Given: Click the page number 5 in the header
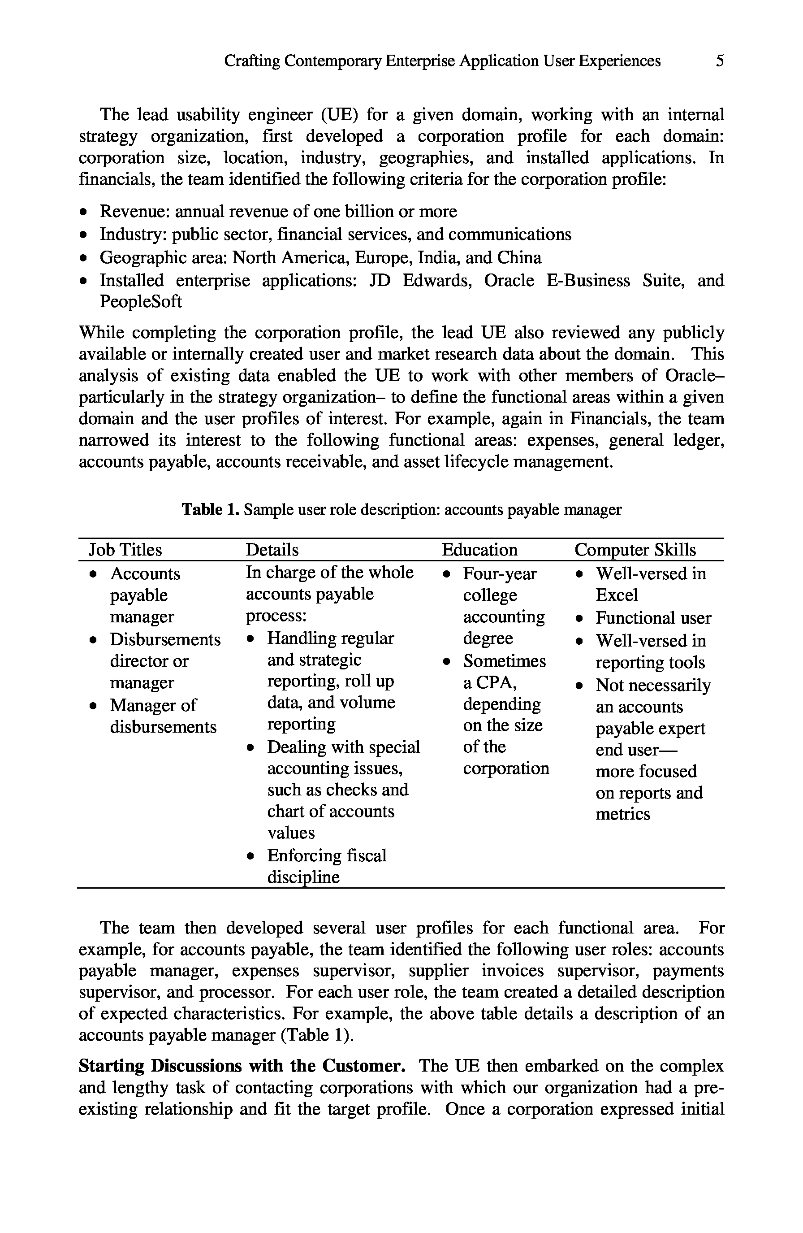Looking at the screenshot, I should tap(720, 61).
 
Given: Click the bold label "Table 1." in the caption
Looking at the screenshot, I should tap(210, 510).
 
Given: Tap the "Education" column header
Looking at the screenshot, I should tap(479, 550).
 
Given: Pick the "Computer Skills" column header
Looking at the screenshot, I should tap(635, 550).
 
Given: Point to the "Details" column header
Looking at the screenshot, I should tap(272, 550).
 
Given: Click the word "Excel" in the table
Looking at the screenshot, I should tap(617, 595).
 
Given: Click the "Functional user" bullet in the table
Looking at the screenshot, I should tap(653, 618).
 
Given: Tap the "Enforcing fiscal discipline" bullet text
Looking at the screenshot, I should tap(326, 866).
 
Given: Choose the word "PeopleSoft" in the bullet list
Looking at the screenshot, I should tap(141, 301).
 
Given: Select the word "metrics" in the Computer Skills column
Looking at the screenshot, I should tap(623, 814).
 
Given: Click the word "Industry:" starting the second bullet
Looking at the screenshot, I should tap(133, 234).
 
